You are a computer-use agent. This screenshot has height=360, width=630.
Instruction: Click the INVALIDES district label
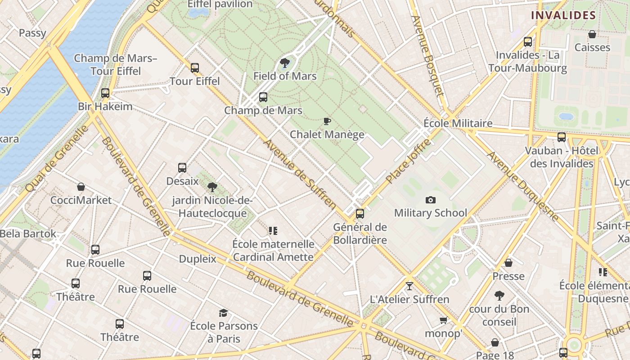(x=563, y=15)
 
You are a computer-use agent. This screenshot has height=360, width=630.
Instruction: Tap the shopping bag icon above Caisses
(x=592, y=34)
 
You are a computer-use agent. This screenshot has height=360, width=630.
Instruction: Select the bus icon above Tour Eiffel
(x=195, y=68)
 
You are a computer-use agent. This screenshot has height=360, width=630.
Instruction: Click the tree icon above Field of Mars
(x=284, y=63)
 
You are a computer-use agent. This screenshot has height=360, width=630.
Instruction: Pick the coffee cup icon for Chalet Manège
(x=327, y=121)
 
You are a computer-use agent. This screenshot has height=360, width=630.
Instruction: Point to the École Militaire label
(x=458, y=123)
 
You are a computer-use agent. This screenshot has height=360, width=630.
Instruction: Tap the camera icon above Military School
(x=431, y=200)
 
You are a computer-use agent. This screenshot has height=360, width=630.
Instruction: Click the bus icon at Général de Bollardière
(x=360, y=214)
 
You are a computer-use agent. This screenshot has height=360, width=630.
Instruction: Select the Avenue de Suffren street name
(x=300, y=174)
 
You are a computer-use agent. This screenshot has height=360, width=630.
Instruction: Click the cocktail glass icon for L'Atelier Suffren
(x=409, y=286)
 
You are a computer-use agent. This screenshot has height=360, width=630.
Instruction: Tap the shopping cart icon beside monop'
(x=444, y=320)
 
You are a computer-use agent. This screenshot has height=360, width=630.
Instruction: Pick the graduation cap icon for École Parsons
(x=224, y=313)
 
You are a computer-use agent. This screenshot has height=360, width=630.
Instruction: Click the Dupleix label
(x=198, y=259)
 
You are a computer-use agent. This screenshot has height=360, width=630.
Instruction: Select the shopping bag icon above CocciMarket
(x=81, y=187)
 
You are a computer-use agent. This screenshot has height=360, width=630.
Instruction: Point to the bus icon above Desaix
(x=182, y=168)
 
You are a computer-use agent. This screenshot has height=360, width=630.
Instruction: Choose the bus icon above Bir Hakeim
(x=105, y=93)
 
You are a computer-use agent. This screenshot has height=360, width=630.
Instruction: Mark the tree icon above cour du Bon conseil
(x=499, y=296)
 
